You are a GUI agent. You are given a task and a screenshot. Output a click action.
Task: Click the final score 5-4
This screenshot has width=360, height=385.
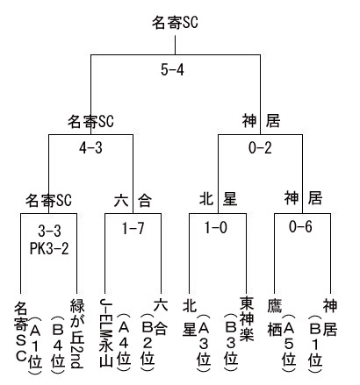pyautogui.click(x=172, y=70)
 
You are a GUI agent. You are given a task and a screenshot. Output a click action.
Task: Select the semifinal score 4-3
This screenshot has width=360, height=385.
pyautogui.click(x=90, y=148)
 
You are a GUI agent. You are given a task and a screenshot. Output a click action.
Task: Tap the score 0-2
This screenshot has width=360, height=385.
pyautogui.click(x=260, y=148)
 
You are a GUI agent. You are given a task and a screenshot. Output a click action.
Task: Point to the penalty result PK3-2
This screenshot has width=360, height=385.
pyautogui.click(x=49, y=249)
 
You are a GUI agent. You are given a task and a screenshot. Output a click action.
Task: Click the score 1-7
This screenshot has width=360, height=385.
pyautogui.click(x=133, y=228)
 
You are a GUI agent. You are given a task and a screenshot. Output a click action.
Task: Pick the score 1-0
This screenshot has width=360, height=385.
pyautogui.click(x=216, y=227)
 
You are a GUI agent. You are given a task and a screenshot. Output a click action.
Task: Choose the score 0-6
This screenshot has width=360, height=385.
pyautogui.click(x=300, y=226)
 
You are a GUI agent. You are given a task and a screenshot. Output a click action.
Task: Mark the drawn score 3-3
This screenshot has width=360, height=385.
pyautogui.click(x=49, y=232)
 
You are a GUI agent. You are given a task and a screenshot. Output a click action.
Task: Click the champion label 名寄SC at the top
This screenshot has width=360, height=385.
pyautogui.click(x=175, y=23)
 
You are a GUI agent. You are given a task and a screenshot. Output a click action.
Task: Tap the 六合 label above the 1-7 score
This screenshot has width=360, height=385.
pyautogui.click(x=133, y=201)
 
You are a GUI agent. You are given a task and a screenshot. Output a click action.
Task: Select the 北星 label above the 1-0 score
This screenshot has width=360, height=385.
pyautogui.click(x=218, y=199)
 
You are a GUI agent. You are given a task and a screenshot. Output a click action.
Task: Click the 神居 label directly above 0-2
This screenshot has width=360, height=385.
pyautogui.click(x=261, y=121)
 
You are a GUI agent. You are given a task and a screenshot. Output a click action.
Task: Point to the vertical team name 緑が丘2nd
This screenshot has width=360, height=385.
pyautogui.click(x=77, y=333)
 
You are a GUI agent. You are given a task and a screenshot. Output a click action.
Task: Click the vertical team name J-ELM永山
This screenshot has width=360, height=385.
pyautogui.click(x=105, y=332)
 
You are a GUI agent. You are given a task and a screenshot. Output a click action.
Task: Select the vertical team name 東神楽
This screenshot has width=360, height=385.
pyautogui.click(x=247, y=318)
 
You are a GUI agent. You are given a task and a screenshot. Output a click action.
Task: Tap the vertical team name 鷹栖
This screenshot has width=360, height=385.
pyautogui.click(x=275, y=317)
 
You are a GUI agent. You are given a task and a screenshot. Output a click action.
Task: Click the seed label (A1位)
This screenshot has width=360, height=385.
pyautogui.click(x=35, y=344)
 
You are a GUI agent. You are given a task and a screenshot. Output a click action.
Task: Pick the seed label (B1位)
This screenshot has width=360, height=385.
pyautogui.click(x=315, y=343)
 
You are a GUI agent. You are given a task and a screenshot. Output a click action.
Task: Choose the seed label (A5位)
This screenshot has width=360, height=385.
pyautogui.click(x=289, y=343)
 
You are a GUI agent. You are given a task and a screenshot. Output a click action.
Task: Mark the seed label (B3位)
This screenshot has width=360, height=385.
pyautogui.click(x=231, y=343)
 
